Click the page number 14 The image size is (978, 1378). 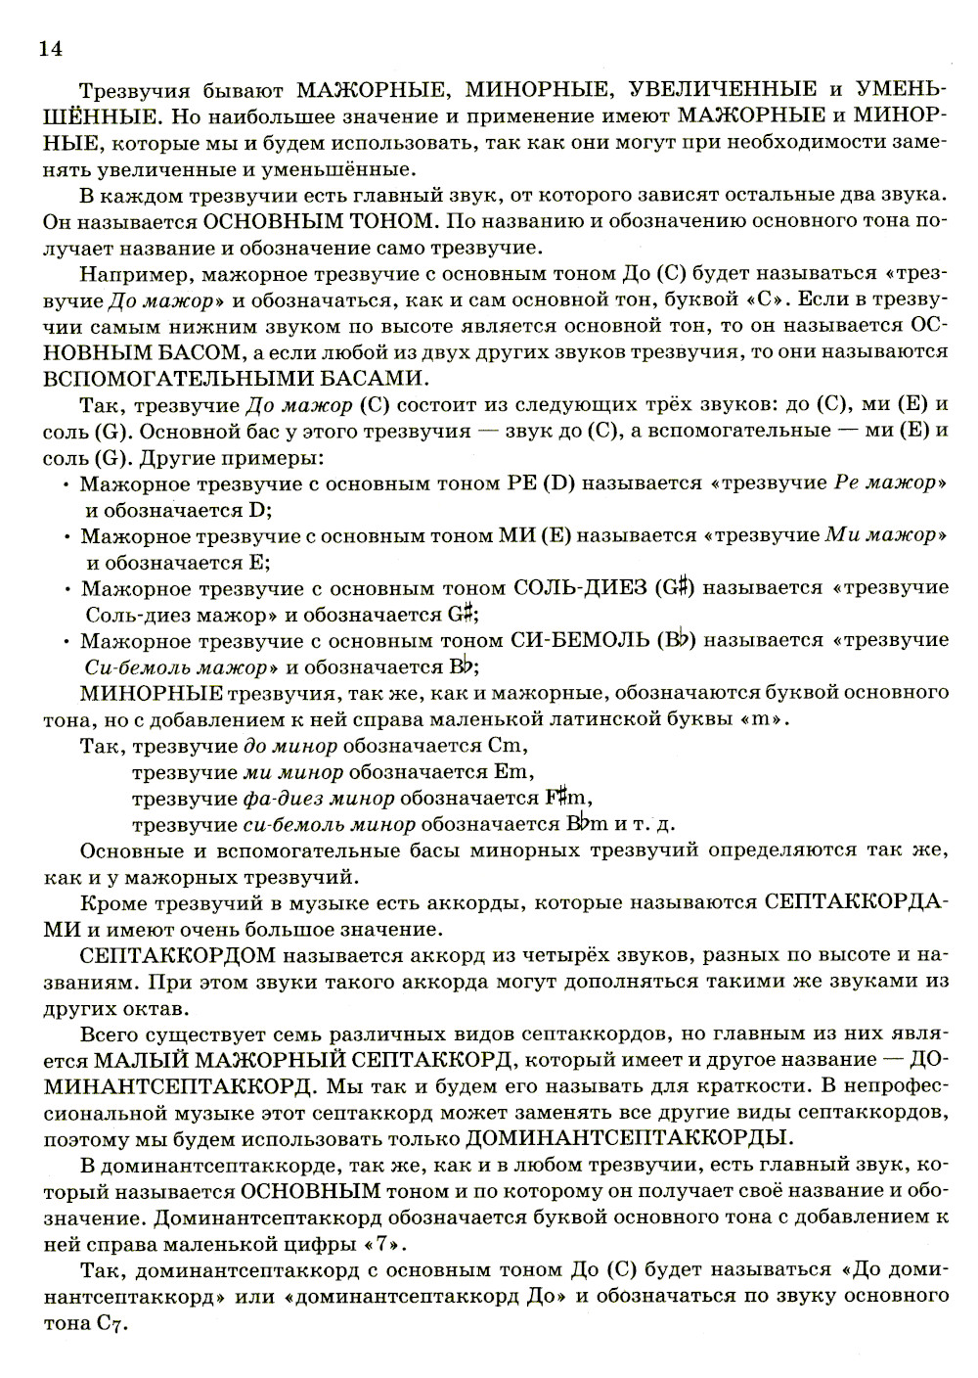[49, 48]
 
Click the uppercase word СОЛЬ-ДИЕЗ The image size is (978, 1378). [580, 588]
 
